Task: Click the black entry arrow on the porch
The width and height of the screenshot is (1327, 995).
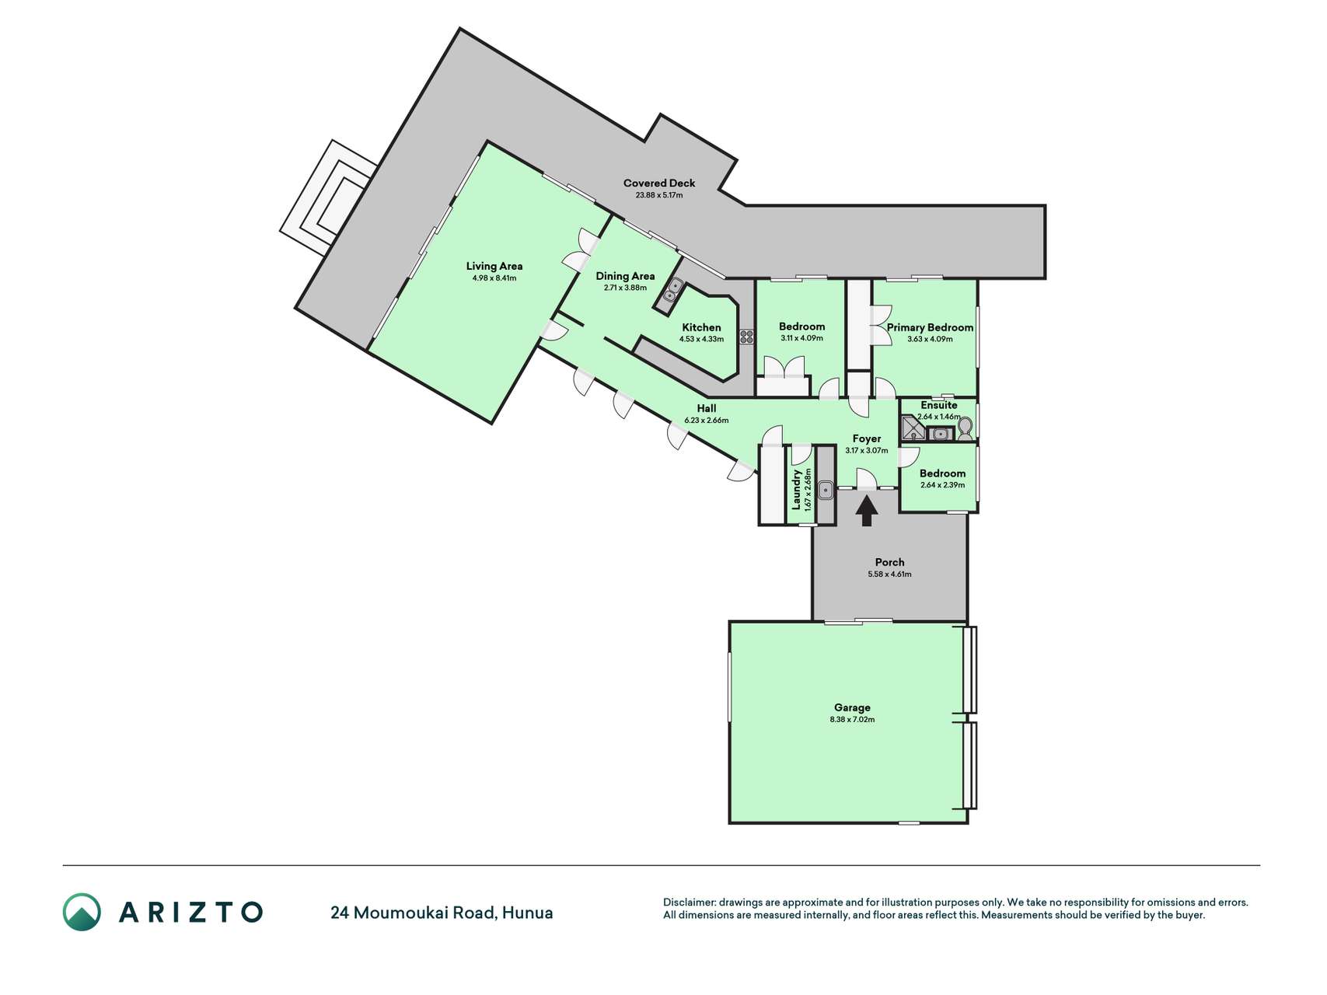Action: [867, 511]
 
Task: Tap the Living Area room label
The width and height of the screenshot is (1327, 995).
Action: [494, 266]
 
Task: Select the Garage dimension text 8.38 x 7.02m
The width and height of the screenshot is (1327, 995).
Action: [852, 720]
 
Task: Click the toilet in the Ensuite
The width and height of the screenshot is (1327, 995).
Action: [965, 429]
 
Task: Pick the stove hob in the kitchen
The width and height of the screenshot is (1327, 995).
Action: [746, 337]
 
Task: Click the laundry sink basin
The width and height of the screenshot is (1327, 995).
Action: [826, 490]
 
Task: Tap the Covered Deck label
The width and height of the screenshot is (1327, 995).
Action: [659, 183]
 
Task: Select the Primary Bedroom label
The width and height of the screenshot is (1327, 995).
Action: [930, 327]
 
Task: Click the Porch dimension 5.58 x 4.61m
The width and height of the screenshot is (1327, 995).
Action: [889, 574]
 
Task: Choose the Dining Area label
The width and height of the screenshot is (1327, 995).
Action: [625, 276]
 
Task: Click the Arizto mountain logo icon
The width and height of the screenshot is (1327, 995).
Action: [82, 912]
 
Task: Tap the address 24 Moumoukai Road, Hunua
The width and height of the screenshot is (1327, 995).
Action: [442, 913]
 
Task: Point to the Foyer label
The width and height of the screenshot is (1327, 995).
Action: [867, 438]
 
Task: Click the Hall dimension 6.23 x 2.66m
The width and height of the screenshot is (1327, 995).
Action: [707, 421]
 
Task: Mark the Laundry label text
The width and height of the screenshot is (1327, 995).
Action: [796, 489]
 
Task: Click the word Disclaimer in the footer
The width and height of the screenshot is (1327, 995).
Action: [689, 902]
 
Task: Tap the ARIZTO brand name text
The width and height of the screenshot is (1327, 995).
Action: [190, 912]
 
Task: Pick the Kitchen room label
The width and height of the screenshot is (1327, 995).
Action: [701, 327]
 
